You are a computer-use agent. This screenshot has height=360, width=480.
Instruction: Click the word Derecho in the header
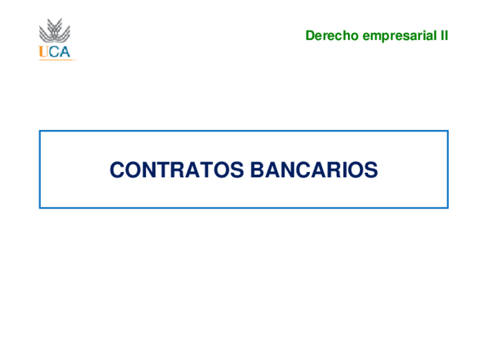(x=332, y=36)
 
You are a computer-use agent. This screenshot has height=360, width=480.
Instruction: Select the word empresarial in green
(x=398, y=36)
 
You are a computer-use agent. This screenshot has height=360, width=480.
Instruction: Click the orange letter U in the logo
(x=43, y=52)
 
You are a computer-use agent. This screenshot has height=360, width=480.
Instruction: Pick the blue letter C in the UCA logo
(x=53, y=52)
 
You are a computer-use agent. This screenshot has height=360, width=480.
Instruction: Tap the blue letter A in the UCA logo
(x=63, y=52)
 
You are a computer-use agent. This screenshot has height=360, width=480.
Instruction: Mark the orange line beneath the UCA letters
(x=57, y=59)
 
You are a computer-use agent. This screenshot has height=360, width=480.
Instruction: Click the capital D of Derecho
(x=310, y=36)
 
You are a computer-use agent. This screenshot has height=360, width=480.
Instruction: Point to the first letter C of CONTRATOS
(x=117, y=170)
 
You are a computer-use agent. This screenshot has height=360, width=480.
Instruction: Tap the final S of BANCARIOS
(x=371, y=170)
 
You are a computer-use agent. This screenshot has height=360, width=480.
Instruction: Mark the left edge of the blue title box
(x=40, y=169)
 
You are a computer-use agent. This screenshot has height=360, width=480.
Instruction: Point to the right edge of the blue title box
(x=448, y=169)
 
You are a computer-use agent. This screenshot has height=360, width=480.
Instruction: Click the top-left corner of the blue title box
(x=40, y=131)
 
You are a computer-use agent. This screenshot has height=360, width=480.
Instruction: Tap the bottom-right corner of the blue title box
(x=448, y=208)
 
